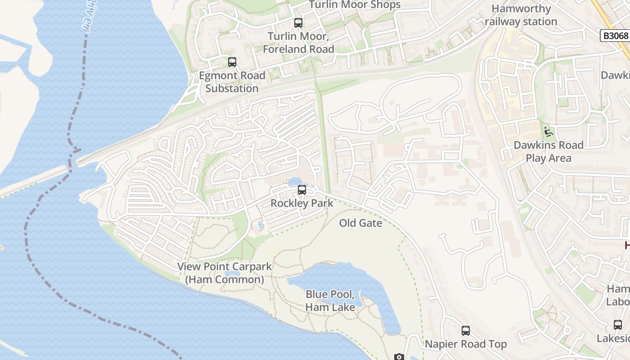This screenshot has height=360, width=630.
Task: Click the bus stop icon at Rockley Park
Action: (x=302, y=190)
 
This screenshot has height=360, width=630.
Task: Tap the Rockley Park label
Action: (x=302, y=203)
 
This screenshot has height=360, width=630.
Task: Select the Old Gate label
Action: (x=360, y=223)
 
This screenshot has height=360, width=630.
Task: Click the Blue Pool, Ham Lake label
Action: (x=330, y=301)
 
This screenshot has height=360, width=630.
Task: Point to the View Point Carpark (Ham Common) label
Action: (x=225, y=273)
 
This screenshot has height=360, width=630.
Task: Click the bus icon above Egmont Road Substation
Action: (x=232, y=62)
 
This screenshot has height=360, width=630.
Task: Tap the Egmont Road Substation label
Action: (x=232, y=82)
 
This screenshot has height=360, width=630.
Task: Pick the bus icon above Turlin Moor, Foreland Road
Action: (x=298, y=23)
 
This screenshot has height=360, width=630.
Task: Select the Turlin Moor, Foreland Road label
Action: (x=298, y=42)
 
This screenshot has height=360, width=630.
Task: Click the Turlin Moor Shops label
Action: (x=355, y=5)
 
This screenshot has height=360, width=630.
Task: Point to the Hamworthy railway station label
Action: (x=521, y=15)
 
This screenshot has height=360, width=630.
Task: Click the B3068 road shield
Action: (x=615, y=36)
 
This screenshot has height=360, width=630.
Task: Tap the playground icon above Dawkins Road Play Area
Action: (x=548, y=132)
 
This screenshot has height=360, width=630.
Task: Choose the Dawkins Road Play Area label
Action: (x=549, y=152)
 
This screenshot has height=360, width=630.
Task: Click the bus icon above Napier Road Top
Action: (x=466, y=331)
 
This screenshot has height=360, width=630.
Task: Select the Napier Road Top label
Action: (x=466, y=344)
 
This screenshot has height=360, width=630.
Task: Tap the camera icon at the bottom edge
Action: (x=399, y=357)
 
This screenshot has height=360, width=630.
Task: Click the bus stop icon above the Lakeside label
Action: (x=618, y=325)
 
